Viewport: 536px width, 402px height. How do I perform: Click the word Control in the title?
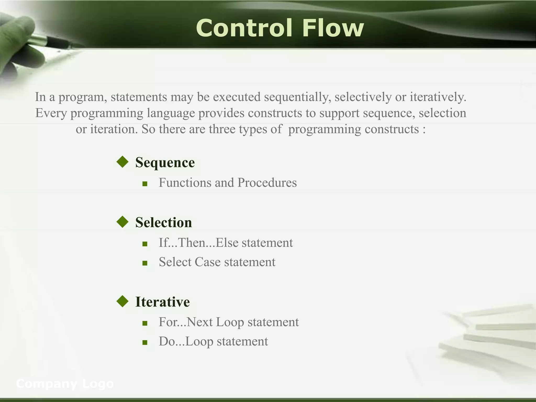pyautogui.click(x=244, y=28)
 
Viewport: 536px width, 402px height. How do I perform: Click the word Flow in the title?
pyautogui.click(x=333, y=28)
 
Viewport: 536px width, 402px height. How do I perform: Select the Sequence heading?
pyautogui.click(x=165, y=163)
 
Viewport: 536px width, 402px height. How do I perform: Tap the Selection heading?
pyautogui.click(x=164, y=222)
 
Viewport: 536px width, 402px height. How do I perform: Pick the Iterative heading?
pyautogui.click(x=162, y=302)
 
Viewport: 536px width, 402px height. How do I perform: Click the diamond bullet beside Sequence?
pyautogui.click(x=122, y=162)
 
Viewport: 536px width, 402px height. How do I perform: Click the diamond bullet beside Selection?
pyautogui.click(x=122, y=222)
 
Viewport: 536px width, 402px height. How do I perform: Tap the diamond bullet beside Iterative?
pyautogui.click(x=122, y=301)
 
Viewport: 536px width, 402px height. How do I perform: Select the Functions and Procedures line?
pyautogui.click(x=228, y=183)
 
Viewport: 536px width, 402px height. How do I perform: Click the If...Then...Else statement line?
pyautogui.click(x=226, y=243)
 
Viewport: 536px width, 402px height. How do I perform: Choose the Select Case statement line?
pyautogui.click(x=217, y=262)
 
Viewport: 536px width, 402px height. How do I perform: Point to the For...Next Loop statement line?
pyautogui.click(x=228, y=322)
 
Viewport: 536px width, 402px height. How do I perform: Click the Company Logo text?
pyautogui.click(x=65, y=384)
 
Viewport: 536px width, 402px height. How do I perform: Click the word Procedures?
pyautogui.click(x=267, y=183)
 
